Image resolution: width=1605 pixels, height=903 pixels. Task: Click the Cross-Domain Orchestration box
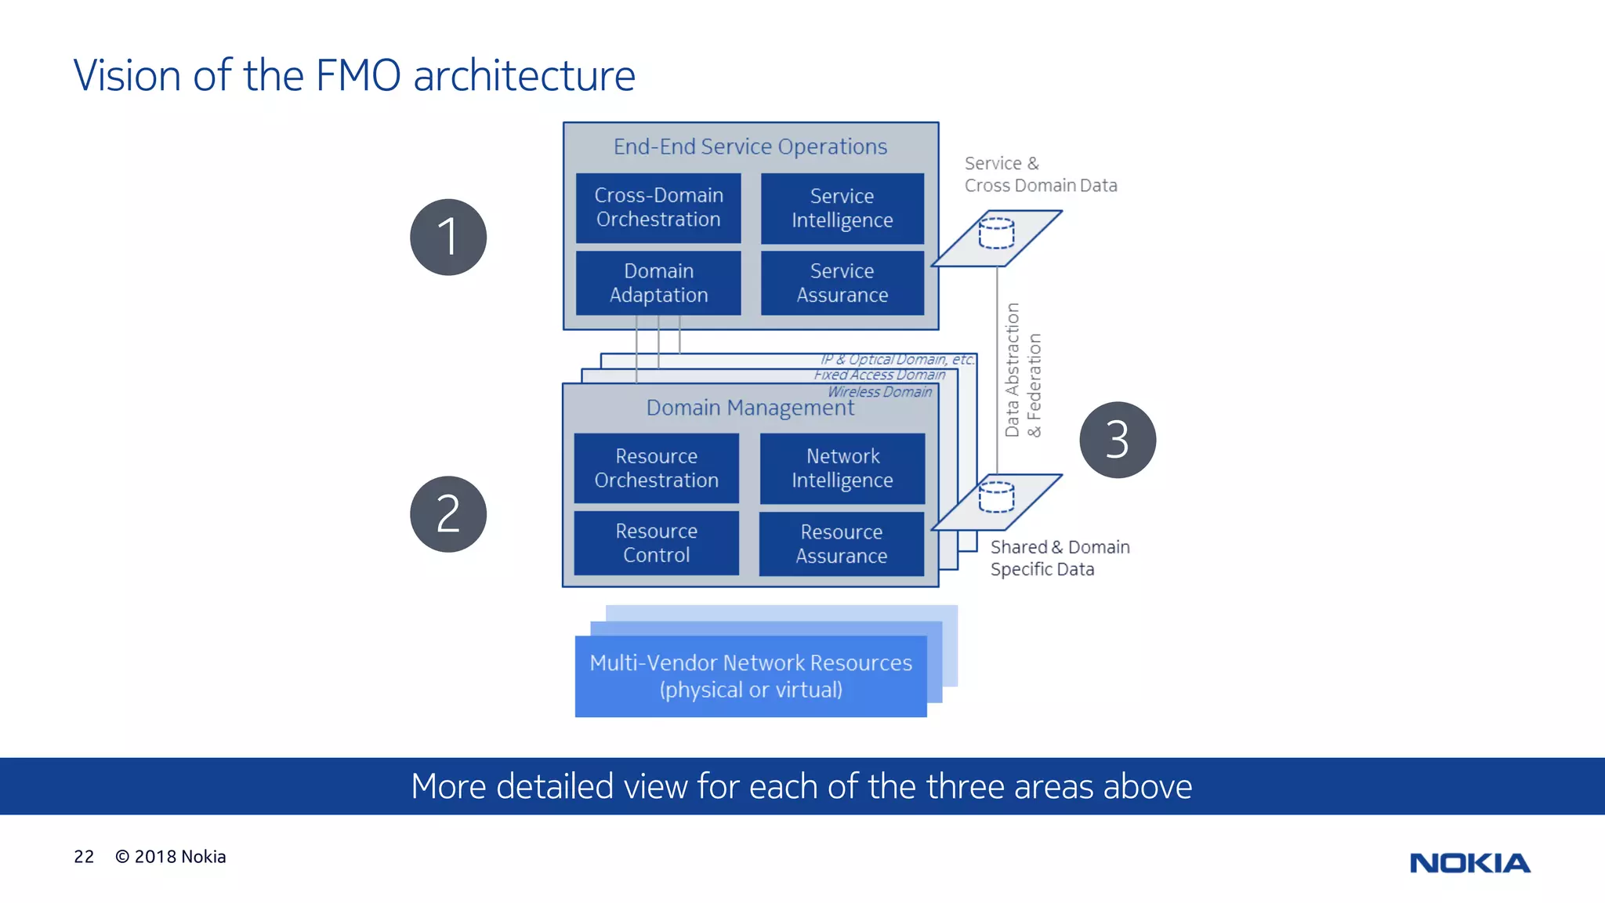[658, 208]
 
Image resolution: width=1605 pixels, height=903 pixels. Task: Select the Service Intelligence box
[842, 208]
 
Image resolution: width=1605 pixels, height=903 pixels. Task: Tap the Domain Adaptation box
[658, 283]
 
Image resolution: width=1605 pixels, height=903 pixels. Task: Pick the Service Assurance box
[842, 283]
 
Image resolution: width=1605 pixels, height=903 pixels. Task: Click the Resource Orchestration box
[657, 468]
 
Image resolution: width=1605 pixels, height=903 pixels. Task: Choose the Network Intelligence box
[842, 468]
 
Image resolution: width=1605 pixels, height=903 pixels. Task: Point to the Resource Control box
[657, 543]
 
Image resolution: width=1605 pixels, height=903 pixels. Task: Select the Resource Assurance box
[842, 544]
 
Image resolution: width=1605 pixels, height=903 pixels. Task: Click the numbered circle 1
[448, 237]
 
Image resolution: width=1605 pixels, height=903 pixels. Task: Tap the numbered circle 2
[448, 514]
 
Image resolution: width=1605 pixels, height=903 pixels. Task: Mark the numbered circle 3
[1118, 440]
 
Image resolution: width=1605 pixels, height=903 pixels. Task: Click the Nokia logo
[1469, 863]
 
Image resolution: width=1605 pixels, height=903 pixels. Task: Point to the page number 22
[84, 857]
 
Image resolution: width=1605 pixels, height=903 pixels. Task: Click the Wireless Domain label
[880, 392]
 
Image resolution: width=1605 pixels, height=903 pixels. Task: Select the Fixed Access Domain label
[879, 375]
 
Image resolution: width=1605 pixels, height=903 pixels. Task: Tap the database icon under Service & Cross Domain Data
[997, 234]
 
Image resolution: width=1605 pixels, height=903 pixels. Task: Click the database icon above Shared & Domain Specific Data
[997, 497]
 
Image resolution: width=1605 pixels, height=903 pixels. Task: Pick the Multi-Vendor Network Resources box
[751, 676]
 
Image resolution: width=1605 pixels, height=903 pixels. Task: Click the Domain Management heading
[750, 408]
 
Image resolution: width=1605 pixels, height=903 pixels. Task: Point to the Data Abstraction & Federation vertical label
[1023, 370]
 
